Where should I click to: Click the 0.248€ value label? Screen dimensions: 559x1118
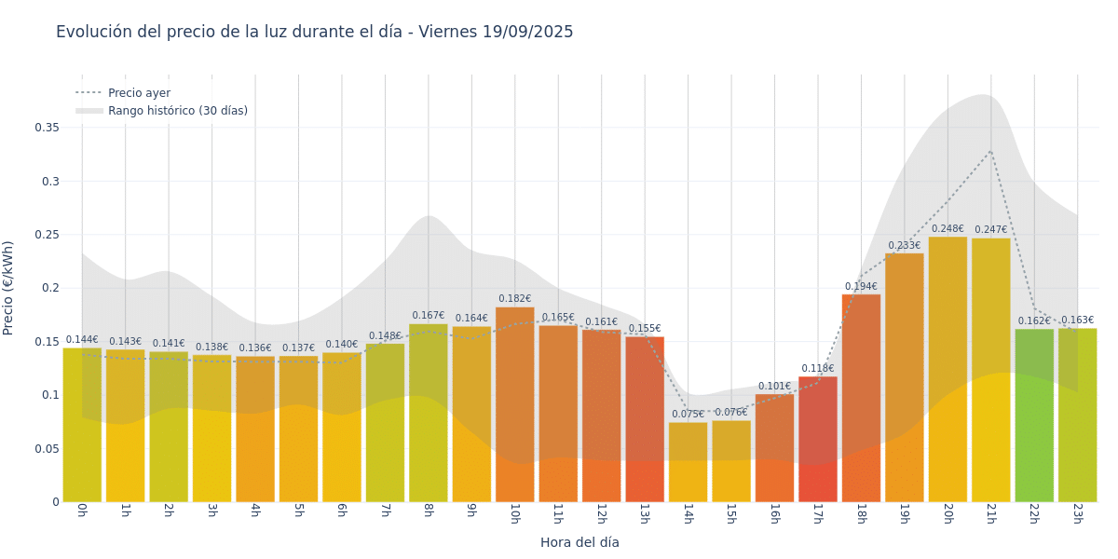click(948, 229)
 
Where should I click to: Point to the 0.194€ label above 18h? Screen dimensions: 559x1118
click(861, 287)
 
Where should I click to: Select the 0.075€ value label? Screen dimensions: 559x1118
click(688, 415)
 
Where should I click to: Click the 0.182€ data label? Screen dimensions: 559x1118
click(514, 299)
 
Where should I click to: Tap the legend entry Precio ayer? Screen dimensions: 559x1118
click(139, 93)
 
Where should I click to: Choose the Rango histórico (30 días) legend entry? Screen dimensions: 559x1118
click(177, 111)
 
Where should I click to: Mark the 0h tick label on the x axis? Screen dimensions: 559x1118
click(82, 513)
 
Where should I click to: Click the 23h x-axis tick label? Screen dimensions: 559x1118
click(1077, 515)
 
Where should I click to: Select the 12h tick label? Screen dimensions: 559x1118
click(601, 515)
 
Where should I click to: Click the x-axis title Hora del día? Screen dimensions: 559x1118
click(579, 542)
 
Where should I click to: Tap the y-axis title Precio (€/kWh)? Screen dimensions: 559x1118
click(8, 288)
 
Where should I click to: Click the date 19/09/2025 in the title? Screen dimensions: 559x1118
click(527, 32)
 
